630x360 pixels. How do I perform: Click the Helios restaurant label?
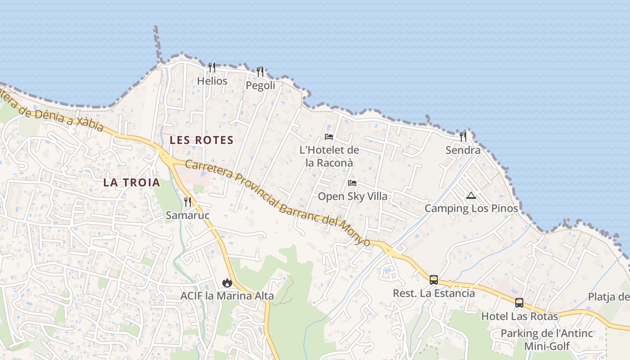(x=212, y=81)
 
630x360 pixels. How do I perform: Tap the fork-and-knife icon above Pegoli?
(x=260, y=72)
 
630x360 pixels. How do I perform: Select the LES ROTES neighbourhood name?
(x=202, y=140)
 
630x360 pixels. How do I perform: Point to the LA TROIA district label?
(x=131, y=182)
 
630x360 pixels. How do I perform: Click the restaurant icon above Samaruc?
(x=188, y=202)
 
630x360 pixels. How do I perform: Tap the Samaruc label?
(x=188, y=216)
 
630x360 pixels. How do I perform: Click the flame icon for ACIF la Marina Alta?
(x=227, y=283)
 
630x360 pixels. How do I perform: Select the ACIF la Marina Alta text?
(x=227, y=296)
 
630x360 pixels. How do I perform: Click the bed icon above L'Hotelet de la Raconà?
(x=329, y=137)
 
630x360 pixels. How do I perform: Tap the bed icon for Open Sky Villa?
(x=352, y=183)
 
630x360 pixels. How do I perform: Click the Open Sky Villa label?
(x=352, y=197)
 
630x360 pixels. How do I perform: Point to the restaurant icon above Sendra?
(x=463, y=136)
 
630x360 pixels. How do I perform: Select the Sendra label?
(x=463, y=150)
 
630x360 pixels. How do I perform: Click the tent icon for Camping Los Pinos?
(x=471, y=195)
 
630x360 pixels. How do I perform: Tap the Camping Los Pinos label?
(x=471, y=209)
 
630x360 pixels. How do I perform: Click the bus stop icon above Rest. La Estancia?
(x=434, y=280)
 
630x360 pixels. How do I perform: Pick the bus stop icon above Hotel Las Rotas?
(x=519, y=303)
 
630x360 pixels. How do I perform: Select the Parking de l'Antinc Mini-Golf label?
(x=547, y=340)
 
